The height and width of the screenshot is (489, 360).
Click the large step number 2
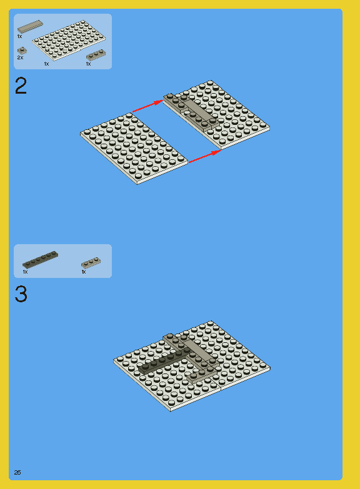coord(21,86)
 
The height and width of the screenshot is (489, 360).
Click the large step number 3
coord(21,294)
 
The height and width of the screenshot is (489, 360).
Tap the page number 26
coord(17,473)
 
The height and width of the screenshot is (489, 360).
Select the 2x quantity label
coord(20,57)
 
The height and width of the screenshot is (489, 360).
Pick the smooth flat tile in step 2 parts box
coord(30,26)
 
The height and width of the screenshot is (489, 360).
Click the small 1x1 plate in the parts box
coord(22,50)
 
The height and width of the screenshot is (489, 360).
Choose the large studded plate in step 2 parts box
coord(69,40)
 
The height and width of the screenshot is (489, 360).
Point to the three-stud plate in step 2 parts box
coord(96,55)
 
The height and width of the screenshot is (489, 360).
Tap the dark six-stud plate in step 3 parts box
coord(40,259)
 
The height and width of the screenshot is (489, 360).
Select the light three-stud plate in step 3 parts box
coord(91,262)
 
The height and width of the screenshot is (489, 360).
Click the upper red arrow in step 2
coord(148,106)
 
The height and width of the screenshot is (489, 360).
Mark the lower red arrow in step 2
coord(205,156)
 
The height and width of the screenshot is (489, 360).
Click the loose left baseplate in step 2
coord(134,149)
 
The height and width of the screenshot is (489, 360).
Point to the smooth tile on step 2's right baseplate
coord(197,110)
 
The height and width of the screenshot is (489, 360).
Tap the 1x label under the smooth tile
coord(19,36)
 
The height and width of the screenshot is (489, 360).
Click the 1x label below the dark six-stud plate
coord(25,272)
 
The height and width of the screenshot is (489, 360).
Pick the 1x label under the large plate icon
coord(46,64)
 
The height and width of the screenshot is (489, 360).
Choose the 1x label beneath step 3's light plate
coord(84,272)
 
